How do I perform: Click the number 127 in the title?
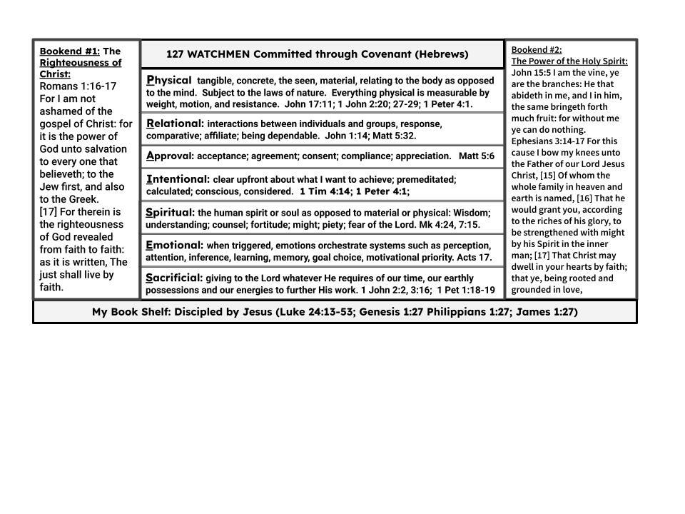click(x=175, y=54)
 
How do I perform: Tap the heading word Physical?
click(x=169, y=80)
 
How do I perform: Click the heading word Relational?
click(x=175, y=124)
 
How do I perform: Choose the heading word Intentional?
click(x=178, y=179)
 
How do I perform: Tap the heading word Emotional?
click(x=174, y=245)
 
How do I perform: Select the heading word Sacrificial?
click(x=174, y=278)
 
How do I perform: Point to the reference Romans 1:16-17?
click(x=78, y=86)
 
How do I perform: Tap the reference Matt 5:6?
click(x=476, y=156)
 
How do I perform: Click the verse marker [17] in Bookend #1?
click(x=49, y=212)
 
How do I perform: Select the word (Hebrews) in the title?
click(x=442, y=54)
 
